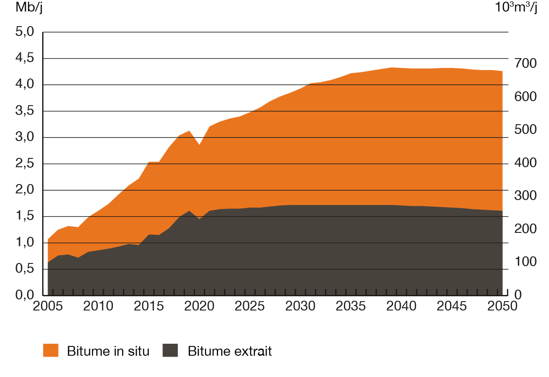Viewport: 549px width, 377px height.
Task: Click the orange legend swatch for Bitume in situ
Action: click(x=51, y=350)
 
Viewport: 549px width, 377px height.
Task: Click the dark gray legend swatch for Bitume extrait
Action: click(x=170, y=350)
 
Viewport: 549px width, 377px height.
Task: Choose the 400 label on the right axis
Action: click(x=525, y=163)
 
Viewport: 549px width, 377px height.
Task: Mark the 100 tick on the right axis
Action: click(x=525, y=262)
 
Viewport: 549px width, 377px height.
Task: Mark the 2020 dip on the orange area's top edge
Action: click(x=199, y=144)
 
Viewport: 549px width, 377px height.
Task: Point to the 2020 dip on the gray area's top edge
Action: click(x=199, y=219)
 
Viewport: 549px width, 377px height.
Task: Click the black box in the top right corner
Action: click(x=516, y=8)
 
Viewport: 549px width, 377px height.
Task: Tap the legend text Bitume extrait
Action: click(x=229, y=351)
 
